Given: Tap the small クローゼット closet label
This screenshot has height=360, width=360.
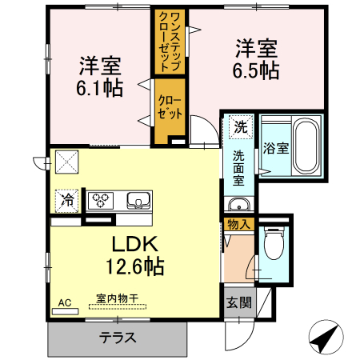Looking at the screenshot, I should pyautogui.click(x=170, y=107).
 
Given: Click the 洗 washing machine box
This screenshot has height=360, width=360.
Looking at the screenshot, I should pyautogui.click(x=241, y=126).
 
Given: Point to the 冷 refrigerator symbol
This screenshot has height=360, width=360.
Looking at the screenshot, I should pyautogui.click(x=68, y=200).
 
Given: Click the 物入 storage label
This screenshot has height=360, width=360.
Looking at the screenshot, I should pyautogui.click(x=239, y=224).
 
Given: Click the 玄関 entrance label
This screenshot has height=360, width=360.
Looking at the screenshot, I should pyautogui.click(x=238, y=302).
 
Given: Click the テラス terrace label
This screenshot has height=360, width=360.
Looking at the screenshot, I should pyautogui.click(x=118, y=336).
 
